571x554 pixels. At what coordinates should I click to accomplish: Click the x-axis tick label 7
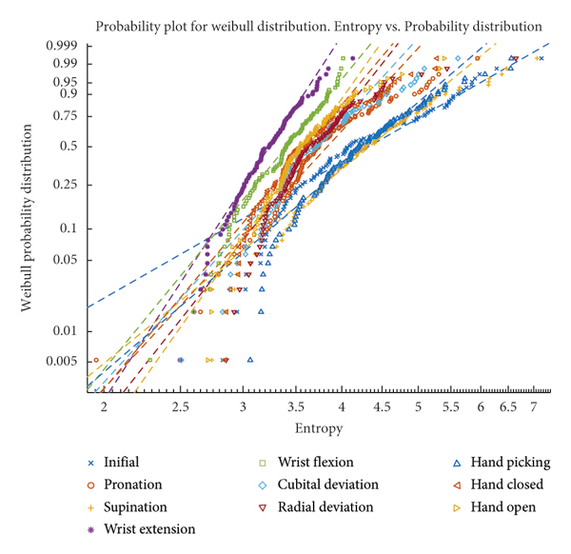[534, 406]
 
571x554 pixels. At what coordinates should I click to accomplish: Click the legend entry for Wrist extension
[150, 529]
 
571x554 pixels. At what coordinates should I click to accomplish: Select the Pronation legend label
[134, 485]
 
